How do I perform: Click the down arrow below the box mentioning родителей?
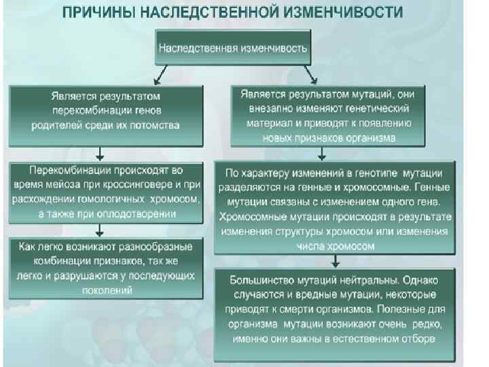pos(101,152)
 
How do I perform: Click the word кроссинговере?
pos(140,184)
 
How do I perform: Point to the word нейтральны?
pos(367,280)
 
